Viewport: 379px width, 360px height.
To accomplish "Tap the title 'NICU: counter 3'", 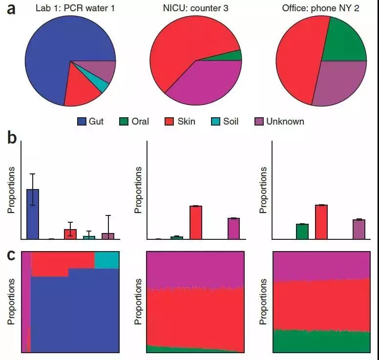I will coord(195,8).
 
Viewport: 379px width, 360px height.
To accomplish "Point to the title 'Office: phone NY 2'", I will coord(321,8).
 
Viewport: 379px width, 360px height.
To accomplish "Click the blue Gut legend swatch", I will coord(82,121).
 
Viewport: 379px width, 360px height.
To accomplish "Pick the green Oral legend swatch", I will coord(124,121).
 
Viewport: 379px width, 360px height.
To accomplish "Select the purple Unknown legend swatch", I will coord(259,121).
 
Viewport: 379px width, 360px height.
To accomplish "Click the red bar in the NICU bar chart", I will coord(196,222).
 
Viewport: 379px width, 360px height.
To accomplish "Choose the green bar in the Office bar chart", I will coord(302,232).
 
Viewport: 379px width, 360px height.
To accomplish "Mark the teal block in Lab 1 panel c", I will coord(106,260).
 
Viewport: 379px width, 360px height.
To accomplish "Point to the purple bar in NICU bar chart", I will coord(233,229).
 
